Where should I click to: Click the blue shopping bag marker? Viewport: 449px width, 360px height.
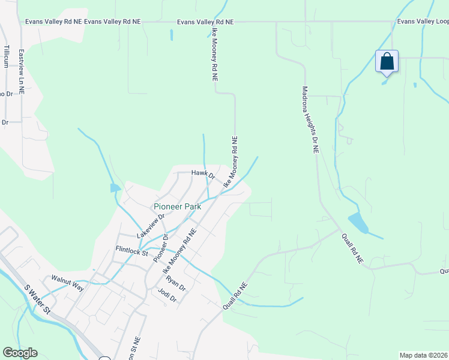click(387, 61)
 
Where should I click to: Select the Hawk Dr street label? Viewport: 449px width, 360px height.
click(203, 173)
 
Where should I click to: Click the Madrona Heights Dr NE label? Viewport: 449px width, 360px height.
click(309, 120)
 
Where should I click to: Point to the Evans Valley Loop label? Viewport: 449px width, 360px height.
click(423, 22)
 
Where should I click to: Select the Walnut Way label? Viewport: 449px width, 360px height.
click(67, 279)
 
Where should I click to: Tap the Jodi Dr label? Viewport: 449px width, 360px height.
click(166, 295)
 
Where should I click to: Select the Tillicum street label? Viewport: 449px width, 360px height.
click(7, 56)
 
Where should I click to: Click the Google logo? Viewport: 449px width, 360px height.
click(20, 353)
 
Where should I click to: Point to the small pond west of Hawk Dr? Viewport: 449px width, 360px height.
click(115, 188)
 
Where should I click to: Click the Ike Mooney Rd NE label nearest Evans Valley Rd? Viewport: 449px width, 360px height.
click(214, 56)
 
